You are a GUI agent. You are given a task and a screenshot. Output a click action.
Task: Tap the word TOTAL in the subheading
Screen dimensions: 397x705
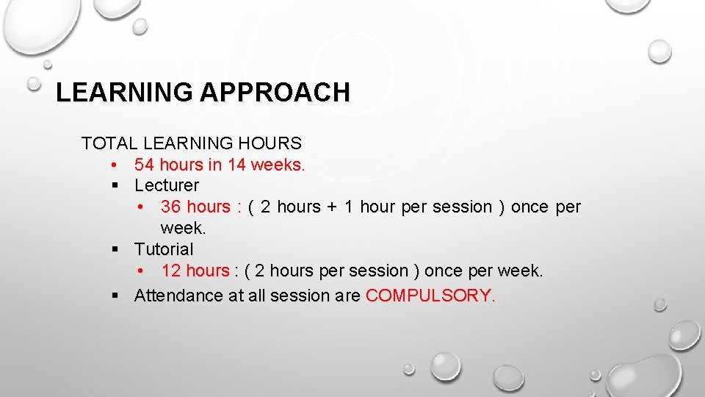(110, 143)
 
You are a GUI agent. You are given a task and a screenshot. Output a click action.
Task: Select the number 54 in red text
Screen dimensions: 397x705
(145, 164)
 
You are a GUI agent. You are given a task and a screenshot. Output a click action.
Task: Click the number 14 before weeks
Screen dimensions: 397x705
(237, 164)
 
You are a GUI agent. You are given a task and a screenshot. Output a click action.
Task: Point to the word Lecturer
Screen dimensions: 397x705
(167, 185)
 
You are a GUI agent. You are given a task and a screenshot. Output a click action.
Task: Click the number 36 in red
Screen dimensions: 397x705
(171, 207)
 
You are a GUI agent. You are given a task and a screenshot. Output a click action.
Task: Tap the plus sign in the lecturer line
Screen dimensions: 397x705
(332, 207)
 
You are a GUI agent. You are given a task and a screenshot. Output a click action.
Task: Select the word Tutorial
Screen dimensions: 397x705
(164, 249)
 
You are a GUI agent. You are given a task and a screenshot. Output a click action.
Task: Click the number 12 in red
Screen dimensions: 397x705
(171, 271)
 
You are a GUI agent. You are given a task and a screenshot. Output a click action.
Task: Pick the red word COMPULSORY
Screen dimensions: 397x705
(430, 296)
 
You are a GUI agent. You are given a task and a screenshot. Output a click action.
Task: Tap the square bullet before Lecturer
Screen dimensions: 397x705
(115, 186)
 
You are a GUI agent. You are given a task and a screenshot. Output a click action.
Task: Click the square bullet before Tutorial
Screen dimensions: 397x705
(115, 250)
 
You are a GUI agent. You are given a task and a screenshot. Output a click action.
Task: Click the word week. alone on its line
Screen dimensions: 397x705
(183, 228)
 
